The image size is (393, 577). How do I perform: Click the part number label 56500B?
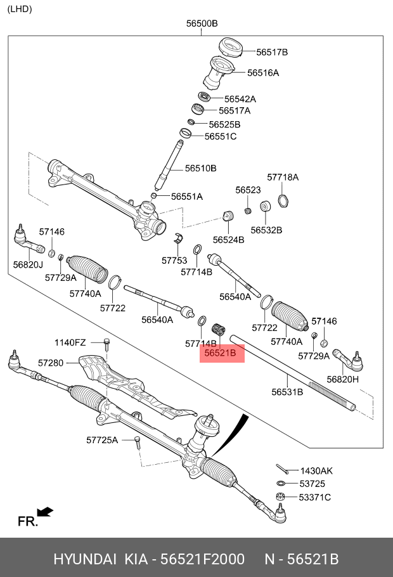coord(202,24)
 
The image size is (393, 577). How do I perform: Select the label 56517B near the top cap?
coord(272,52)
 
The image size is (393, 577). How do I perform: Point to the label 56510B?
coord(201,168)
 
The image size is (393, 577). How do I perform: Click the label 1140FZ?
coord(70,342)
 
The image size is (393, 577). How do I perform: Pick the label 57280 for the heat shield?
coord(51,363)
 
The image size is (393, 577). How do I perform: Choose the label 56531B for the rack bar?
coord(287,392)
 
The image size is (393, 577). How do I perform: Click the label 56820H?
coord(343,379)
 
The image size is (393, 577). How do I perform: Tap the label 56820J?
coord(28,264)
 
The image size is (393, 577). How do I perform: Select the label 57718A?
coord(283,177)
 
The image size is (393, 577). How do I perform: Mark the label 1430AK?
coord(316,470)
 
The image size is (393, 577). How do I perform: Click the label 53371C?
coord(315,497)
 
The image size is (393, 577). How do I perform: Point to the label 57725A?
coord(102,439)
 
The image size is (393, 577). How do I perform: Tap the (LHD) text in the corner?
coord(20,9)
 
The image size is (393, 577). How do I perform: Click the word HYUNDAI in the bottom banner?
coord(84,559)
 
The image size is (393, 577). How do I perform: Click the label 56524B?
coord(229,240)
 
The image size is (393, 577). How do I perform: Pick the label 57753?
coord(174,260)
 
